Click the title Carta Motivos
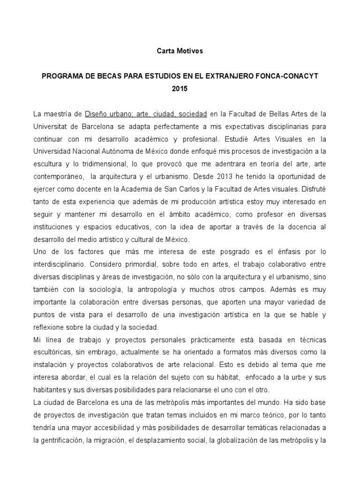pos(180,51)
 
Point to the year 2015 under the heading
pos(180,88)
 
